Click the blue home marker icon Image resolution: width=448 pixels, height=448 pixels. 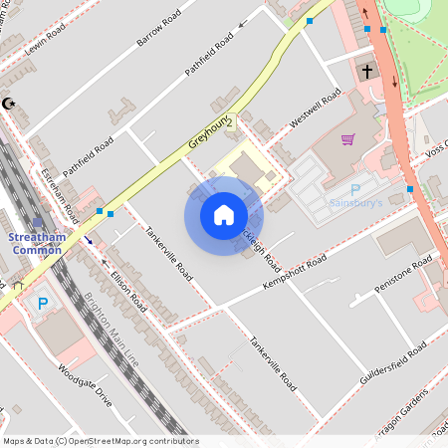pos(224,215)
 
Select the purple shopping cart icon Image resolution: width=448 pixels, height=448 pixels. pos(347,139)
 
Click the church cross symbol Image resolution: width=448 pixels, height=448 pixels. pos(367,71)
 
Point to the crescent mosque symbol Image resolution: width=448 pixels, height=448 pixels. pos(10,103)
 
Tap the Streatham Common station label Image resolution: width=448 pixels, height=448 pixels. pos(36,244)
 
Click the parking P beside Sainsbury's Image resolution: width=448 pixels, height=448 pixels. pos(355,189)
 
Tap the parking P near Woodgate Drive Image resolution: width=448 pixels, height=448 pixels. pos(42,304)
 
